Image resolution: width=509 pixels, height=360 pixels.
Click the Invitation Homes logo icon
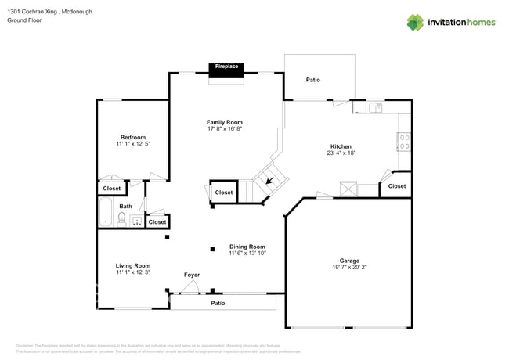pos(415,22)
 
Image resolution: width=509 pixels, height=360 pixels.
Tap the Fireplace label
pos(226,67)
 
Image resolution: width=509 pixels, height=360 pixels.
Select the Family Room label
pos(224,122)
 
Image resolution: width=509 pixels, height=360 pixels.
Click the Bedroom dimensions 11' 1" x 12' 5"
pos(132,144)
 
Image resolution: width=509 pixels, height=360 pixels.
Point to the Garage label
pos(349,261)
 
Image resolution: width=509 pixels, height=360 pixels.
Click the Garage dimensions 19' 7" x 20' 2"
pos(349,268)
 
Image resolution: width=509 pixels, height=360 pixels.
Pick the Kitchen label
pos(341,146)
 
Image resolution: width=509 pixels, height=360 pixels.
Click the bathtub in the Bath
pos(106,212)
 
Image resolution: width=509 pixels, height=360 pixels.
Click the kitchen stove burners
pos(405,142)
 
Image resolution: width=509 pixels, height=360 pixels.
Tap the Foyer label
pos(192,275)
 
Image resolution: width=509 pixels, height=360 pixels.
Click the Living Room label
pos(132,266)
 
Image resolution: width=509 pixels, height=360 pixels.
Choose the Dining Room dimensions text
pos(247,254)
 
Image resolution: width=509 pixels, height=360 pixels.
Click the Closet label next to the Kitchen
pos(397,186)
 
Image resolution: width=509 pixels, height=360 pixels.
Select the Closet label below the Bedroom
pos(111,189)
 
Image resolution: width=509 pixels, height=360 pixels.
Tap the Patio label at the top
pos(312,79)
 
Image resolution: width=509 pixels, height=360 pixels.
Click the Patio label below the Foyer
pos(218,303)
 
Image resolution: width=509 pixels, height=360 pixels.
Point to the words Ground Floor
pos(24,20)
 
